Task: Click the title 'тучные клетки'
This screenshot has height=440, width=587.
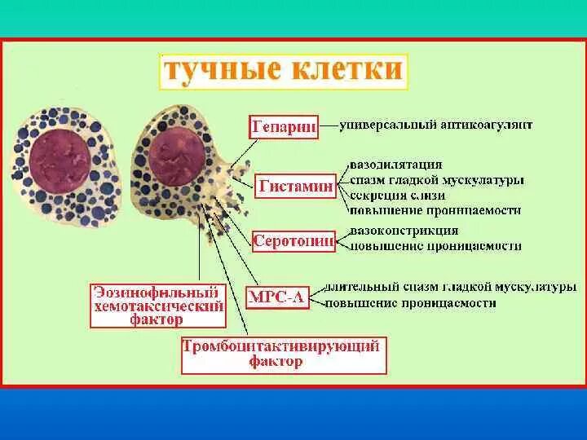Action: coord(282,69)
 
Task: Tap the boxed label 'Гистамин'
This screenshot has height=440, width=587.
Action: coord(296,186)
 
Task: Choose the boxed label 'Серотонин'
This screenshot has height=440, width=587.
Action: coord(293,241)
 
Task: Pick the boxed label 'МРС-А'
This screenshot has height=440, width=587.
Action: coord(276,297)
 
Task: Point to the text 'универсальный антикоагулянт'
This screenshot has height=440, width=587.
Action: coord(438,126)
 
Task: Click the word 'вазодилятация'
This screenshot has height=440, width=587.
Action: coord(397,165)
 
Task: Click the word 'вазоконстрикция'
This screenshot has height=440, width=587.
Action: coord(404,231)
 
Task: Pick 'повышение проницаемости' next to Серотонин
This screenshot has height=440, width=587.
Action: coord(436,246)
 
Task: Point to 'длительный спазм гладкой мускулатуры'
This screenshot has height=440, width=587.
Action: coord(451,288)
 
